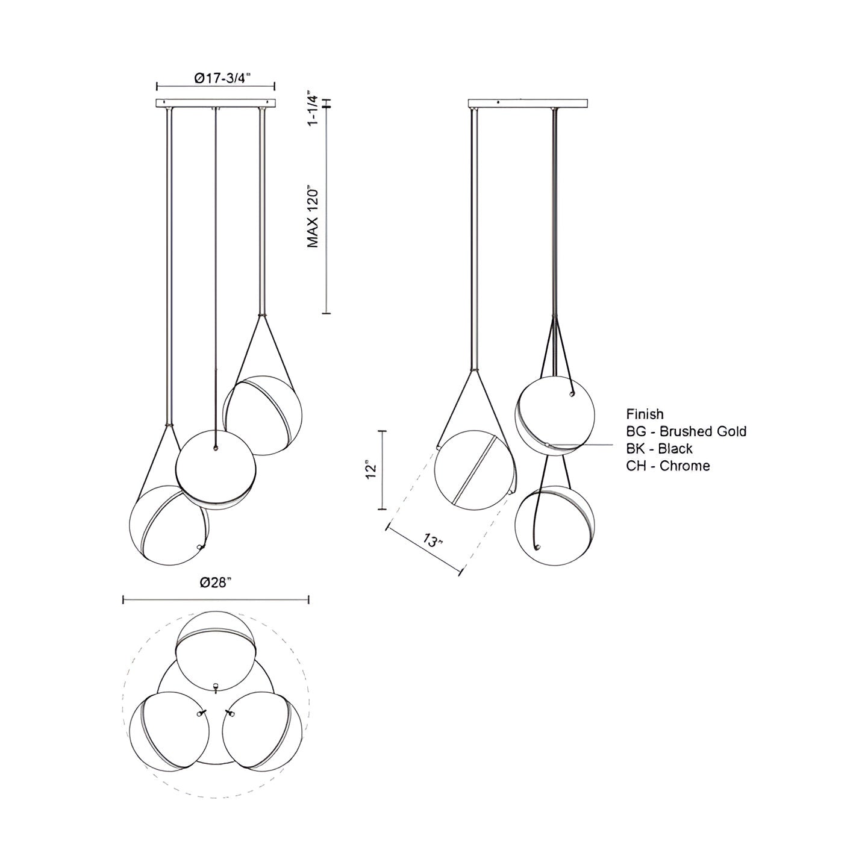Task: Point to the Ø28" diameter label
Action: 216,582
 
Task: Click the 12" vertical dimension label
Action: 371,470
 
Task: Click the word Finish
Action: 645,414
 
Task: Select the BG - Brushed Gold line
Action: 686,431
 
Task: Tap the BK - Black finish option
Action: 659,448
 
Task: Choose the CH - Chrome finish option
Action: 668,466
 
